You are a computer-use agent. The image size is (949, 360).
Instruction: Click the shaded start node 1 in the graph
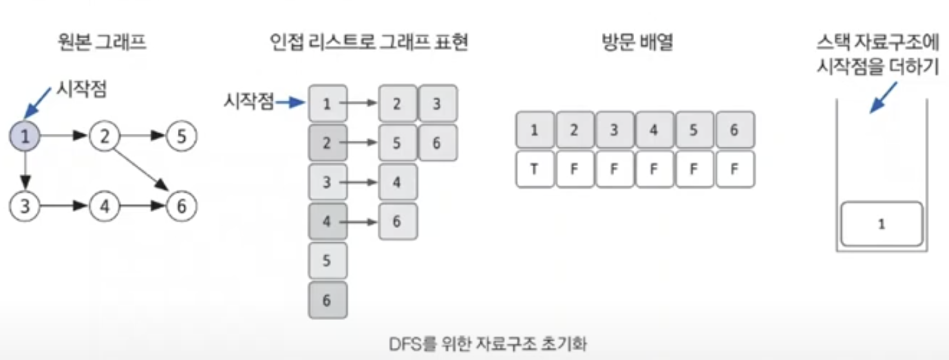[25, 136]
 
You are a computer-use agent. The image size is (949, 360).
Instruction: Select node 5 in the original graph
[181, 136]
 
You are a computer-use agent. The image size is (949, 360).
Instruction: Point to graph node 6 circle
[181, 206]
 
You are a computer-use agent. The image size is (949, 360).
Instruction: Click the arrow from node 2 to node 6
[142, 171]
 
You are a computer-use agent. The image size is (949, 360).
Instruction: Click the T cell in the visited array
[535, 169]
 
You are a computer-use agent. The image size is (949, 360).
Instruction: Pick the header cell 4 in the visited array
[654, 129]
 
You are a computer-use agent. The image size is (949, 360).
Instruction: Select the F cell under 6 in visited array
[734, 169]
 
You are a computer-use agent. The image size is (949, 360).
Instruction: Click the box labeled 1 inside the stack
[882, 224]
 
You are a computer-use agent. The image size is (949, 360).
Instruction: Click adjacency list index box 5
[328, 261]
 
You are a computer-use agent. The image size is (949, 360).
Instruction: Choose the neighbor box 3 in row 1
[437, 103]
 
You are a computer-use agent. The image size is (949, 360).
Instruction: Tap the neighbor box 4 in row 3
[397, 182]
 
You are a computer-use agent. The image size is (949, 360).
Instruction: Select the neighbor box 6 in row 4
[397, 222]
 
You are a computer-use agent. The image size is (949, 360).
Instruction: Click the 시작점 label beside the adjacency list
[248, 101]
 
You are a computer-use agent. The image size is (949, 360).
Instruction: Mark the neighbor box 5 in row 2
[397, 143]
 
